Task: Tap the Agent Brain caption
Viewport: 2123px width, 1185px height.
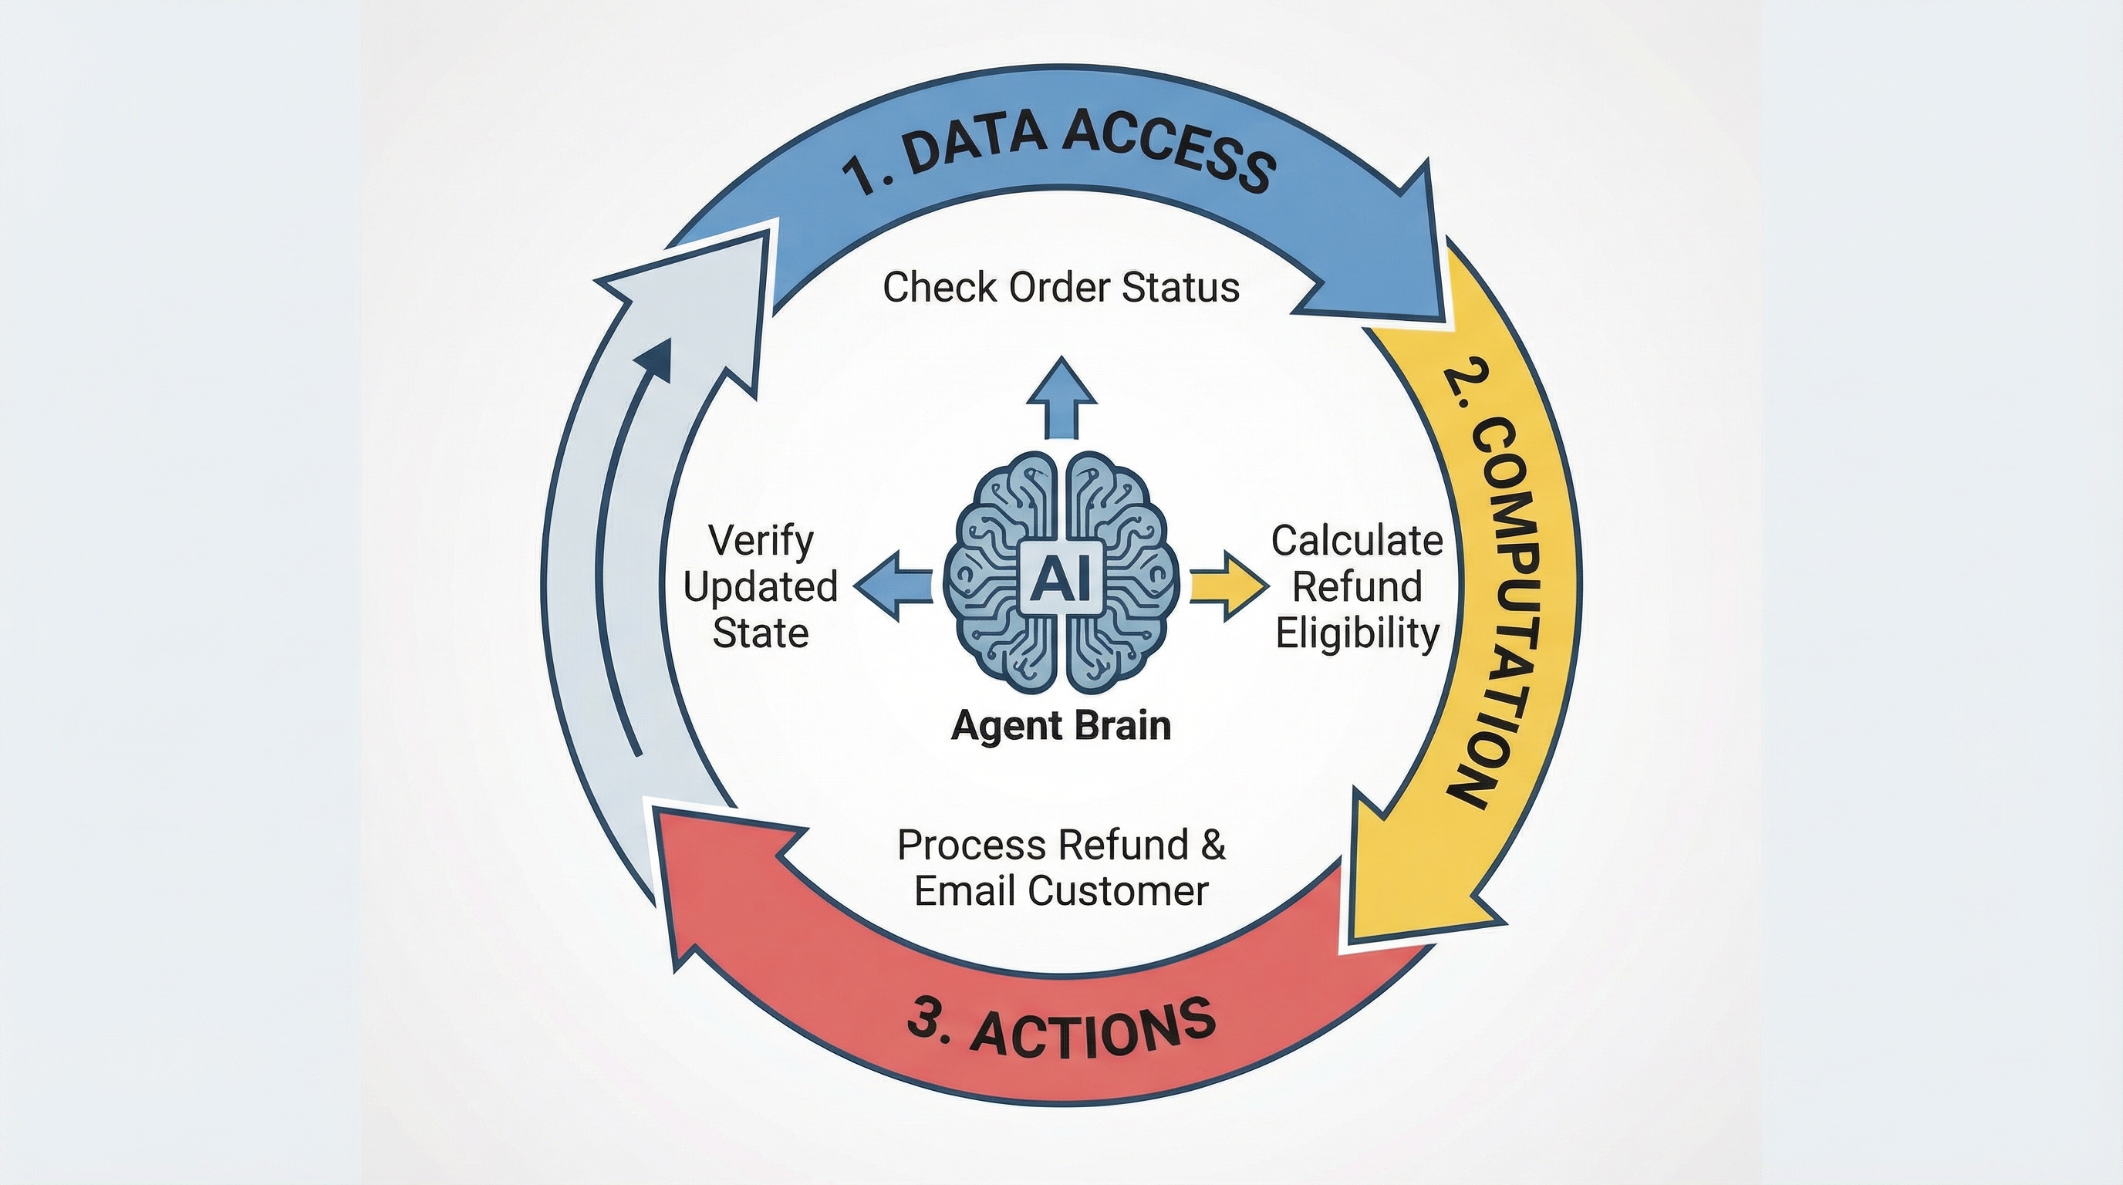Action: coord(1061,726)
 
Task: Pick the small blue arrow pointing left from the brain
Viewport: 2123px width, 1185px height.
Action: coord(893,586)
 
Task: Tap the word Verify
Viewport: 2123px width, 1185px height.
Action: coord(761,541)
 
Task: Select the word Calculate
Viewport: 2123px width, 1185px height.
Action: coord(1356,541)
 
